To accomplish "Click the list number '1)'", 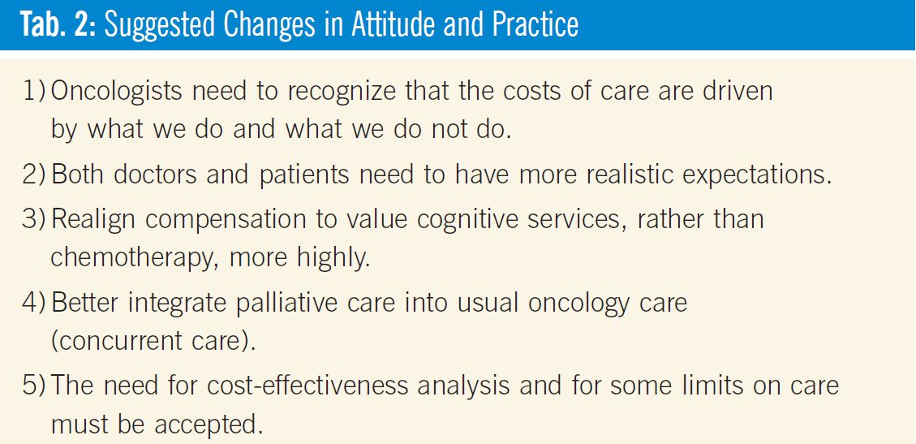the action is pyautogui.click(x=35, y=93).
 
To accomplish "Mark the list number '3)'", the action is pyautogui.click(x=35, y=218).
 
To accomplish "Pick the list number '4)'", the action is pyautogui.click(x=35, y=303).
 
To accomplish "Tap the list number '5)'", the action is pyautogui.click(x=35, y=386).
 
